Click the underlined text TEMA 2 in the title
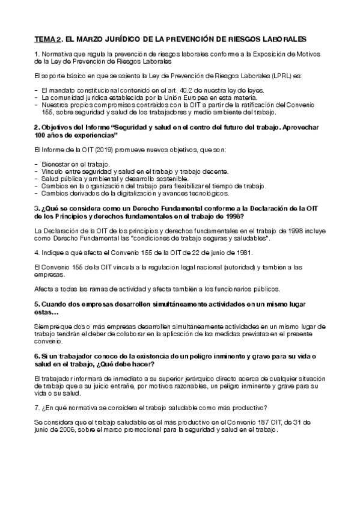point(47,39)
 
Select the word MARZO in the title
point(91,39)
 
